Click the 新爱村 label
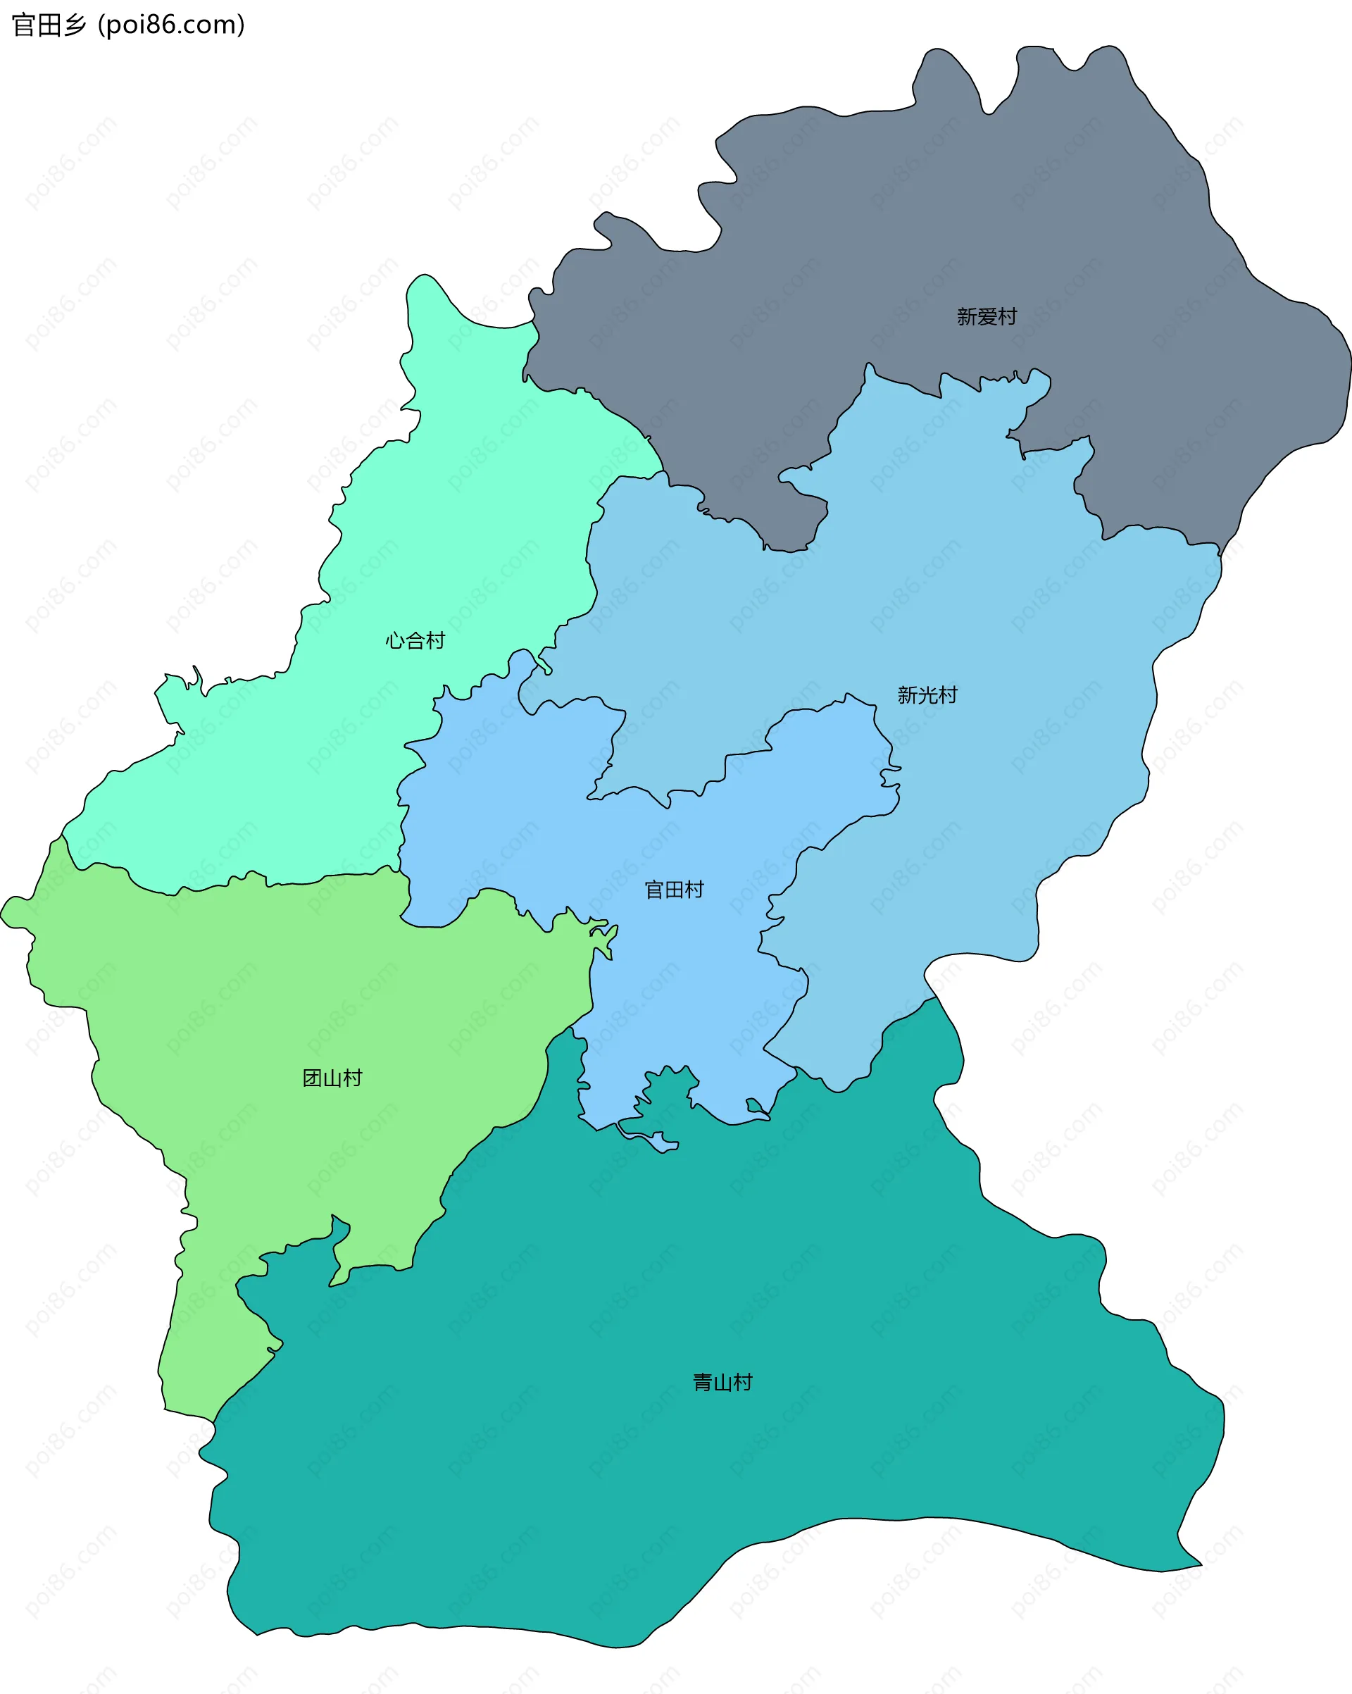point(987,317)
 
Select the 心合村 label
point(415,641)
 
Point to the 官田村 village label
point(674,890)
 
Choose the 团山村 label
point(332,1078)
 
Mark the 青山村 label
point(722,1382)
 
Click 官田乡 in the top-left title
point(49,25)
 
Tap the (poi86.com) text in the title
point(171,25)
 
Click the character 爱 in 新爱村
point(987,317)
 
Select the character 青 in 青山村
point(702,1382)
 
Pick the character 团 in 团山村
point(312,1078)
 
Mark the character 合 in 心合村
point(415,641)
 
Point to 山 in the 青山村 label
point(722,1382)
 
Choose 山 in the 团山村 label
point(332,1078)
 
